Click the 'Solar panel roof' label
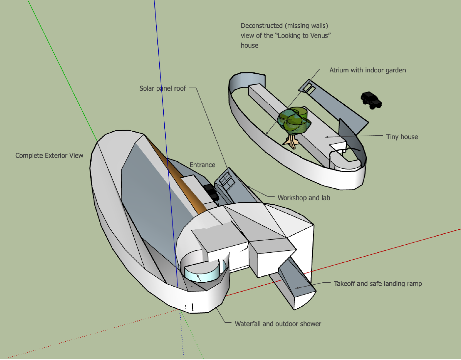click(x=162, y=89)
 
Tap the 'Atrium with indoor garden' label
click(x=367, y=70)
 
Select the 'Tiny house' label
click(x=402, y=137)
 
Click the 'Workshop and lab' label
click(x=304, y=198)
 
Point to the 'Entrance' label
click(x=202, y=165)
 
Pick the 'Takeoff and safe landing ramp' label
click(x=378, y=284)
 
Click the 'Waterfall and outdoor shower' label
click(x=278, y=324)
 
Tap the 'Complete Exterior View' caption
click(x=49, y=156)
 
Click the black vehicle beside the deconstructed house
click(x=371, y=100)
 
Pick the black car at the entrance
click(x=211, y=192)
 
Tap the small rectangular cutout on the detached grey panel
click(x=308, y=88)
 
